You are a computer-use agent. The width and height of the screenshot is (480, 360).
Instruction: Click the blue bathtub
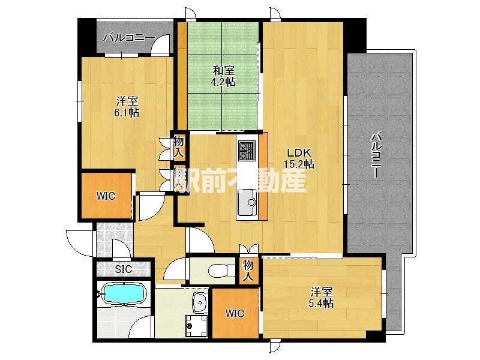124,294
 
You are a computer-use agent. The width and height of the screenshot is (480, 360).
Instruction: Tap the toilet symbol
220,271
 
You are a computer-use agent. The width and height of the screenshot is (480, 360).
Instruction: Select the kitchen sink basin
247,202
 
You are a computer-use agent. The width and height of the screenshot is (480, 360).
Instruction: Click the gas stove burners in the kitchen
247,151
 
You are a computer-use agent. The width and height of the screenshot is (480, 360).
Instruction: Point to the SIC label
124,269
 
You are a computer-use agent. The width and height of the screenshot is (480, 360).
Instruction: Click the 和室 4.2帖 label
224,77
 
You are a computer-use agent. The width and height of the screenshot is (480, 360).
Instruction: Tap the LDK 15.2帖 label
299,158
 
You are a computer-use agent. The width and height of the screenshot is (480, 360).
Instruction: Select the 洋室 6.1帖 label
127,107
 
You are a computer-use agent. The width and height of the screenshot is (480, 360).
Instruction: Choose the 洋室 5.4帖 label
321,298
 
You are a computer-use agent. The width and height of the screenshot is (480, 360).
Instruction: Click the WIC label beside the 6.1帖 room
106,196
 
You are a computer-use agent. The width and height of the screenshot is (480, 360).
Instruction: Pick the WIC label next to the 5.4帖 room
235,313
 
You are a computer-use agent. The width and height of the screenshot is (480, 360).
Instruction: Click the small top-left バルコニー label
129,38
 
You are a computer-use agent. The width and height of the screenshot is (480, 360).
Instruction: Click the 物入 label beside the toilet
248,271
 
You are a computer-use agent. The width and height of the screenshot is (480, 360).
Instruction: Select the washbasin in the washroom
200,302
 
